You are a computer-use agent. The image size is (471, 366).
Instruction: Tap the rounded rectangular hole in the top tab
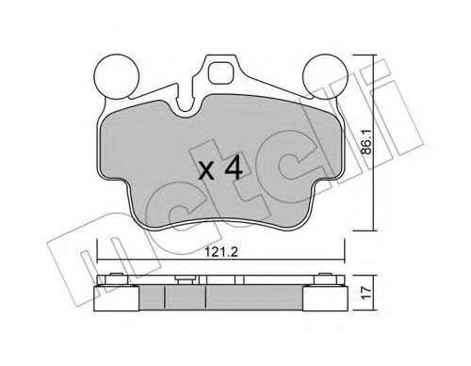coord(222,72)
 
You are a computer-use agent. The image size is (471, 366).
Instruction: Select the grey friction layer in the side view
coord(221,298)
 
